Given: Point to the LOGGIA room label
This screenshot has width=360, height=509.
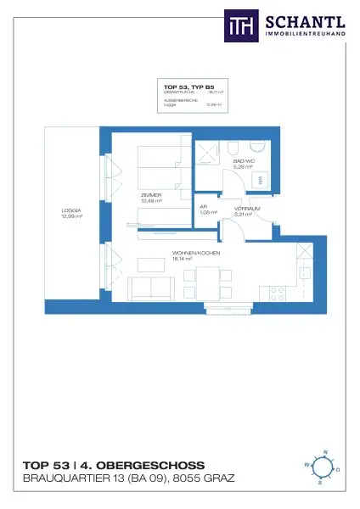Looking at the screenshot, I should pyautogui.click(x=70, y=211).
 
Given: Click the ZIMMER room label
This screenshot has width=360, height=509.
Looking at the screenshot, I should pyautogui.click(x=152, y=195).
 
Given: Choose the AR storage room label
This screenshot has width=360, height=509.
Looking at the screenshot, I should pyautogui.click(x=204, y=207).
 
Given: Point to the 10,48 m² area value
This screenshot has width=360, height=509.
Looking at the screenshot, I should pyautogui.click(x=152, y=201).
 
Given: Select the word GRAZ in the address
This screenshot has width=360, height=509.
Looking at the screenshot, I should pyautogui.click(x=218, y=478).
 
